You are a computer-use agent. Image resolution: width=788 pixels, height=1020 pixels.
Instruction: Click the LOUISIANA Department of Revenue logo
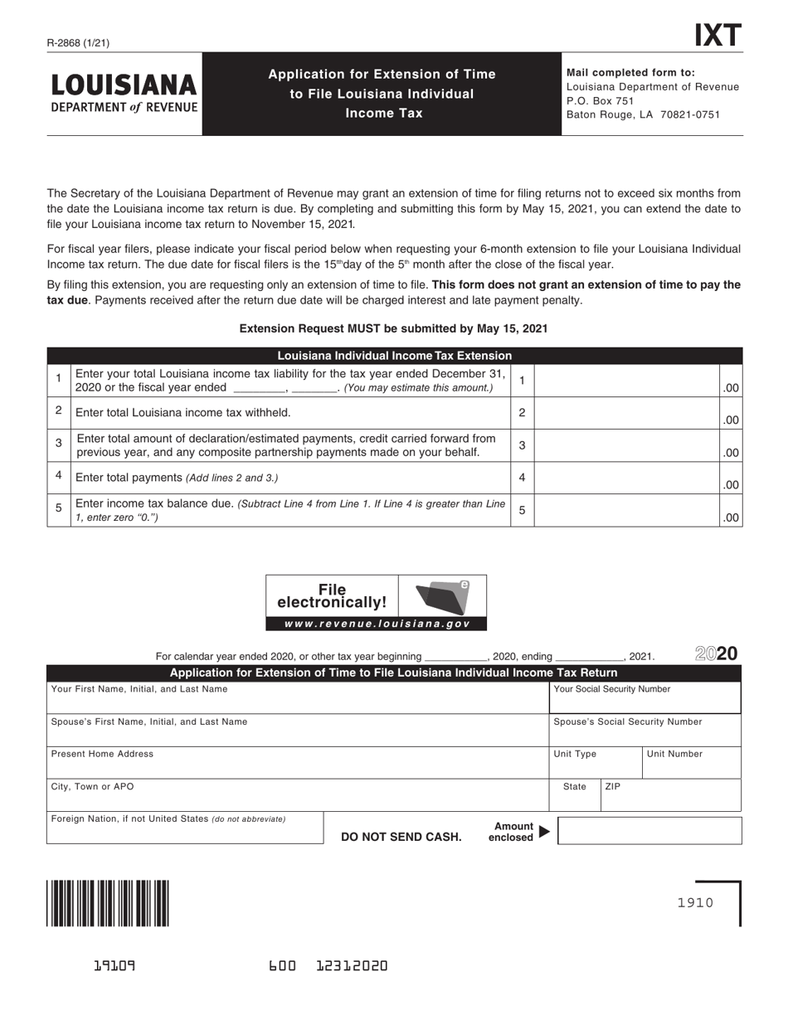tap(124, 93)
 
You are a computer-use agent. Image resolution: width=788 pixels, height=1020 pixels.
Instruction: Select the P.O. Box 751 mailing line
tap(600, 100)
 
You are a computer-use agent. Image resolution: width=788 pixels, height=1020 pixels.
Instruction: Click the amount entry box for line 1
tap(627, 381)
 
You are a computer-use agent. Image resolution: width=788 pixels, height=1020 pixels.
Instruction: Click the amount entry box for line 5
tap(627, 511)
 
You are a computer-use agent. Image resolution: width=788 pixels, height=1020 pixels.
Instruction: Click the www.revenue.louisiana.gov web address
tap(377, 624)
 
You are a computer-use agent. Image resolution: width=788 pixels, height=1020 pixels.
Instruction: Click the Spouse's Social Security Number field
tap(645, 731)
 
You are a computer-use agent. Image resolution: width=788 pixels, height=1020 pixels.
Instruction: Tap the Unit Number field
tap(691, 763)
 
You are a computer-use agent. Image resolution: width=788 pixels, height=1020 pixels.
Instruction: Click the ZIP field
tap(670, 795)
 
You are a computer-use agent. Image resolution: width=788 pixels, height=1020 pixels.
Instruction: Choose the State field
tap(575, 795)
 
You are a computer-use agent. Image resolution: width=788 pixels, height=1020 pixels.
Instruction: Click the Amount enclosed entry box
tap(649, 831)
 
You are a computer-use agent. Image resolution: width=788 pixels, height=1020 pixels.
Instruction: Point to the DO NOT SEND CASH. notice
tap(401, 837)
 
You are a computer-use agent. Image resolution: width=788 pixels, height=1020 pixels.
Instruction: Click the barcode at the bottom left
tap(109, 903)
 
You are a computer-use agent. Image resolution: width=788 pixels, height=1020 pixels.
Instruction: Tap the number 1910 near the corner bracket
tap(695, 902)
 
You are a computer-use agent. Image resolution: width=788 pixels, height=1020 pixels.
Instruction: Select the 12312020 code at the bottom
tap(353, 966)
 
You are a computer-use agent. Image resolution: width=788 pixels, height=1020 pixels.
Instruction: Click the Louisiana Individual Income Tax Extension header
tap(394, 356)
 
